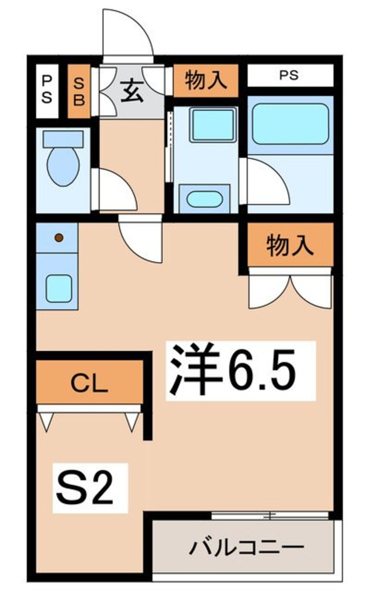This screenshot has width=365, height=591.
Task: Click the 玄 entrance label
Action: pos(132,92)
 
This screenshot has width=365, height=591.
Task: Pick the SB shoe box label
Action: pos(79,91)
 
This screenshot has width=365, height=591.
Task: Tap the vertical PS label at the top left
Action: pos(46,91)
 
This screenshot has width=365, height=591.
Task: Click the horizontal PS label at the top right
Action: pos(289,75)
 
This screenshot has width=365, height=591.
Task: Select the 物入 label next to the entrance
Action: pos(205,81)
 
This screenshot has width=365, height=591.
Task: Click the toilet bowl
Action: pos(63,166)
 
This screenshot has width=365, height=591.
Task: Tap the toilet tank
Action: pos(63,139)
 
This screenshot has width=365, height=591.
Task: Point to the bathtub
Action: pos(290,124)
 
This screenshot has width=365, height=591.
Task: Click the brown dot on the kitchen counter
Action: pos(59,238)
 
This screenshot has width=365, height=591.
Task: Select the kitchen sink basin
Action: pos(58,288)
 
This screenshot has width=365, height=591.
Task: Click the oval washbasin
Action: pos(205,199)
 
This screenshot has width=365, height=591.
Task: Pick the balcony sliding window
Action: pos(270,515)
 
